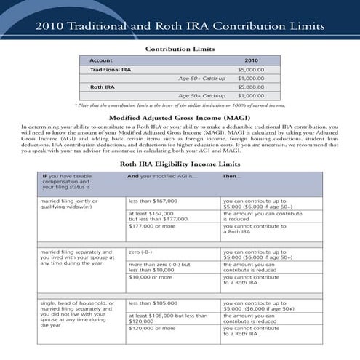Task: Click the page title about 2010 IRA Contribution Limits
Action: [x=180, y=27]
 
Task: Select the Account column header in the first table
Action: [x=100, y=60]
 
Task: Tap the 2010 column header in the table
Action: [x=251, y=60]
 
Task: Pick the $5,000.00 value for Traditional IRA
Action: [x=251, y=69]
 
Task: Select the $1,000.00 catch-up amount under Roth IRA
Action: [x=251, y=95]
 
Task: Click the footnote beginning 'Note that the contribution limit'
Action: [x=180, y=105]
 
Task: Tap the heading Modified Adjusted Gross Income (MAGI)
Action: [x=180, y=117]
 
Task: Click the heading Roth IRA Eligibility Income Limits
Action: [x=180, y=164]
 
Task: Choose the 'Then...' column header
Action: [x=231, y=176]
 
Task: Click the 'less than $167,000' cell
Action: [x=153, y=201]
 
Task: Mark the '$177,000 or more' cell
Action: [x=153, y=226]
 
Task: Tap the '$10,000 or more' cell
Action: [x=151, y=277]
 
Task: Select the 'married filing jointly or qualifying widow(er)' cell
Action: [x=76, y=204]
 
